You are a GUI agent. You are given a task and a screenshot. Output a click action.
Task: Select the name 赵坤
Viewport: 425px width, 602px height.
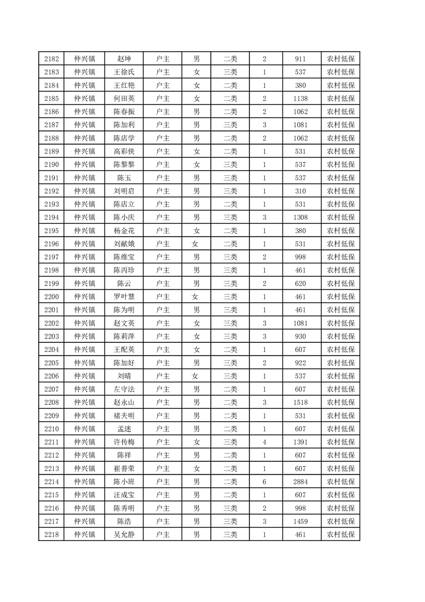(x=124, y=59)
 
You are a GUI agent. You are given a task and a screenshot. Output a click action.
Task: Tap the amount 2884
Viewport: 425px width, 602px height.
(x=300, y=482)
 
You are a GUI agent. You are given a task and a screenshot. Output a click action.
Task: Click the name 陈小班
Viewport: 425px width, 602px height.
(x=124, y=482)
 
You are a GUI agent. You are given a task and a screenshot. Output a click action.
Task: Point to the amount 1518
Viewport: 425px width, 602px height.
(x=300, y=402)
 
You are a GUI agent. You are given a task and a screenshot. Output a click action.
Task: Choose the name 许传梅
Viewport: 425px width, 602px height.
(x=124, y=442)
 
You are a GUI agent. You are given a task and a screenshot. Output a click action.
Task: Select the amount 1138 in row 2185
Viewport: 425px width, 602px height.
(x=300, y=99)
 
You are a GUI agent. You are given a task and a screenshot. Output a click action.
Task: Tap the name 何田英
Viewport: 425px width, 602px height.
(x=124, y=99)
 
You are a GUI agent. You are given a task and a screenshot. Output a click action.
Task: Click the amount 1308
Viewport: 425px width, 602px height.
(x=300, y=217)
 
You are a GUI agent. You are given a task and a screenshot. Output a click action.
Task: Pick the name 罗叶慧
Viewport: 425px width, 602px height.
(x=124, y=297)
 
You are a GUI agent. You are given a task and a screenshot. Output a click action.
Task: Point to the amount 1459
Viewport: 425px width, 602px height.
(x=300, y=522)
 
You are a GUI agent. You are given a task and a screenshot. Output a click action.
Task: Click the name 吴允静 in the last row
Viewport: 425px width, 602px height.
(x=124, y=534)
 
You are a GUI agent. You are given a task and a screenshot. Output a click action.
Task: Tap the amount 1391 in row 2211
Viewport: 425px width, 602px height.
(x=300, y=442)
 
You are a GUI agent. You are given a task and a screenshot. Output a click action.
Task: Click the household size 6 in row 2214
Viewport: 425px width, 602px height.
(x=264, y=482)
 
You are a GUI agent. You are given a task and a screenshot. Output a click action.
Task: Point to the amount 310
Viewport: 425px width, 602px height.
(x=300, y=191)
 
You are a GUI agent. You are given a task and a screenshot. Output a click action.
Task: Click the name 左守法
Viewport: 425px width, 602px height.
(x=124, y=389)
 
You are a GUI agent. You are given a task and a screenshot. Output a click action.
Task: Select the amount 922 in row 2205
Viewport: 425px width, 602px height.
(x=300, y=363)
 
